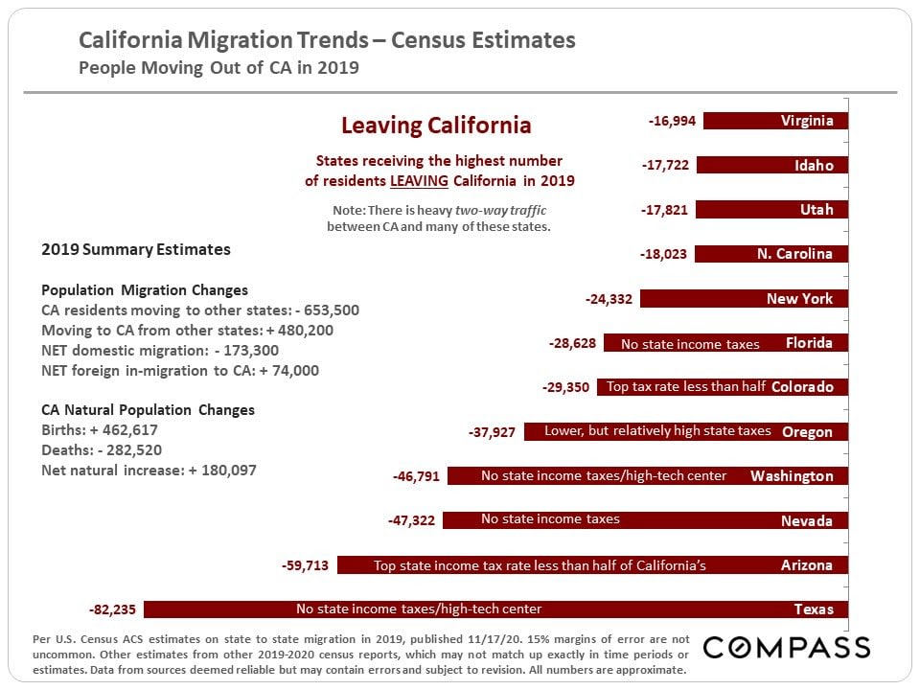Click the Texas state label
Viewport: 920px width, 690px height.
point(814,609)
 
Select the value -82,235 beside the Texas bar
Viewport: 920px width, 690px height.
point(112,609)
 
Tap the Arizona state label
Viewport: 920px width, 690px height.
point(807,565)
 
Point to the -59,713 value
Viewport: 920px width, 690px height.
point(306,565)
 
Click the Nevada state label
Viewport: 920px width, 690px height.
point(807,521)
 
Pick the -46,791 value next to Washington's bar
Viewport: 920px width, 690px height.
point(416,475)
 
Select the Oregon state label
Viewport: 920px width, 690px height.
point(808,432)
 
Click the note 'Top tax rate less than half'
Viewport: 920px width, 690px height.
point(685,387)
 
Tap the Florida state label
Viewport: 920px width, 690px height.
point(809,343)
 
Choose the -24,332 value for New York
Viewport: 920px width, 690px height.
point(609,299)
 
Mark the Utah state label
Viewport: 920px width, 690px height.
point(816,210)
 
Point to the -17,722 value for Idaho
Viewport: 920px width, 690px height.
point(665,166)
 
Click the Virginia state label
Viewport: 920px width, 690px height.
point(807,121)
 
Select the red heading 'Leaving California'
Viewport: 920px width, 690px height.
point(436,126)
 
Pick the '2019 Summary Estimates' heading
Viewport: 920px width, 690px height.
point(136,250)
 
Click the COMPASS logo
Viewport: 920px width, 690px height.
point(787,647)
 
